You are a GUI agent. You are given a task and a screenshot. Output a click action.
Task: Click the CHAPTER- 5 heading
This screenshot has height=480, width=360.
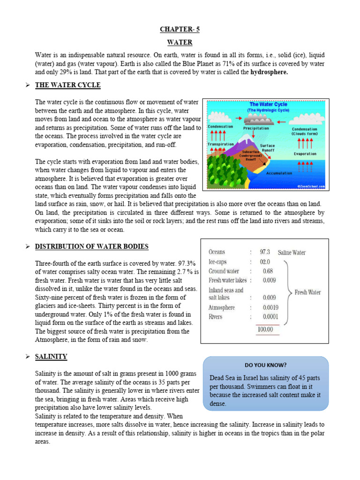coord(180,29)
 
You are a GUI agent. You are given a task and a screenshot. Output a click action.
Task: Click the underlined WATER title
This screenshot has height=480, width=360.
coord(180,42)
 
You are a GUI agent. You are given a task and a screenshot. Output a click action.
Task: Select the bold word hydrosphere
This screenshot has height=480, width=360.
coord(269,72)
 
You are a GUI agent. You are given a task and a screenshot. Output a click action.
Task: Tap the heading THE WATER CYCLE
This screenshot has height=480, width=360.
coord(68,85)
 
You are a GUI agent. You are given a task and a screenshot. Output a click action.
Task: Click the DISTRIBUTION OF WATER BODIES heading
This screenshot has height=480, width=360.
coord(92,246)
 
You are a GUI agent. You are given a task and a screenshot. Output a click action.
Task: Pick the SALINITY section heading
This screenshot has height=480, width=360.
coord(51,357)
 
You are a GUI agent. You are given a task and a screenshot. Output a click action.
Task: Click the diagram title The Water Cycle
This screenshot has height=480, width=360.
coord(268,105)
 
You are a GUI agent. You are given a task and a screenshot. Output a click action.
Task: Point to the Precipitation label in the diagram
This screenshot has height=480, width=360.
coord(256,128)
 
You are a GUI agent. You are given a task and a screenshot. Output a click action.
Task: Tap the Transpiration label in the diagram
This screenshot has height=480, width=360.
coord(220,144)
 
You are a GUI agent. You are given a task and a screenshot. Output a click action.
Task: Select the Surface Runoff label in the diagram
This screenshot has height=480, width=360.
coord(267,148)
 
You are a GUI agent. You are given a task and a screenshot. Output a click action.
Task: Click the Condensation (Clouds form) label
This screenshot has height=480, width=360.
coord(304,131)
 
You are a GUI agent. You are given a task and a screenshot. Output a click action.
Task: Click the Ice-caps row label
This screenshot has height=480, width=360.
coord(217,262)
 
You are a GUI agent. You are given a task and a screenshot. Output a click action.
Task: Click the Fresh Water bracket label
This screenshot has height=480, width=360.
coord(307,292)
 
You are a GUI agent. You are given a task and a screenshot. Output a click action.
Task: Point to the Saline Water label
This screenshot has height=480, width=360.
coord(292,252)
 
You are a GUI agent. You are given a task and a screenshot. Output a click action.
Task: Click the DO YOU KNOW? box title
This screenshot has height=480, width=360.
coord(266,365)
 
